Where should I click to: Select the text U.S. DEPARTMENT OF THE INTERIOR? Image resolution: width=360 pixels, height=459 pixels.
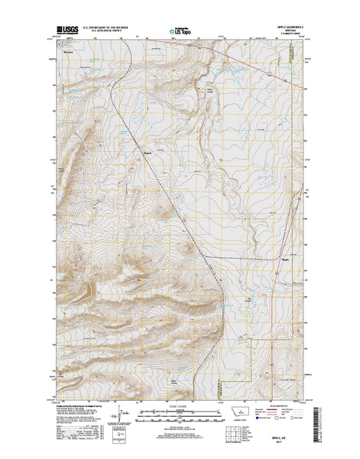point(99,27)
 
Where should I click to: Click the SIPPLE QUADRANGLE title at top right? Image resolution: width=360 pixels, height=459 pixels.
point(290,27)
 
